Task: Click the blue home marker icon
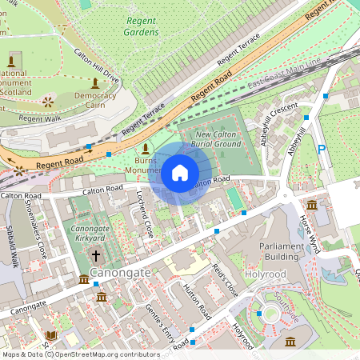coord(180,173)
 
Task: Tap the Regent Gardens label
coord(141,26)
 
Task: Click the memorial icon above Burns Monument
coord(145,149)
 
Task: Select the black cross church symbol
coord(96,256)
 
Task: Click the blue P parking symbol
coord(322,150)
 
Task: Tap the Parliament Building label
coord(282,251)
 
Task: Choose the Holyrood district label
coord(265,274)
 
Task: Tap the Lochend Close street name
coord(143,213)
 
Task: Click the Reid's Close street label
coord(224,281)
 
